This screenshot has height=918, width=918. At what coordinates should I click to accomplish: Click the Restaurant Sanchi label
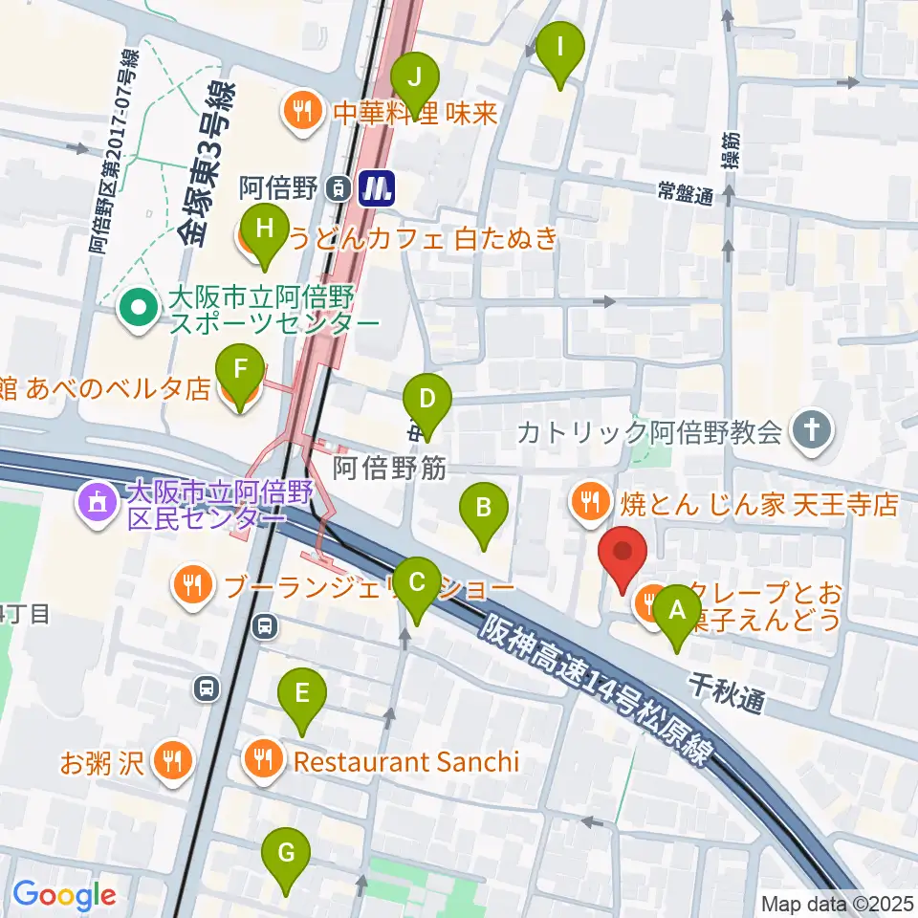(405, 761)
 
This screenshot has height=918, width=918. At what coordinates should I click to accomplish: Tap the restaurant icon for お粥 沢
(173, 761)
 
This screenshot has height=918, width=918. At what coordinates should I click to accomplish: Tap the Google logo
(64, 895)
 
